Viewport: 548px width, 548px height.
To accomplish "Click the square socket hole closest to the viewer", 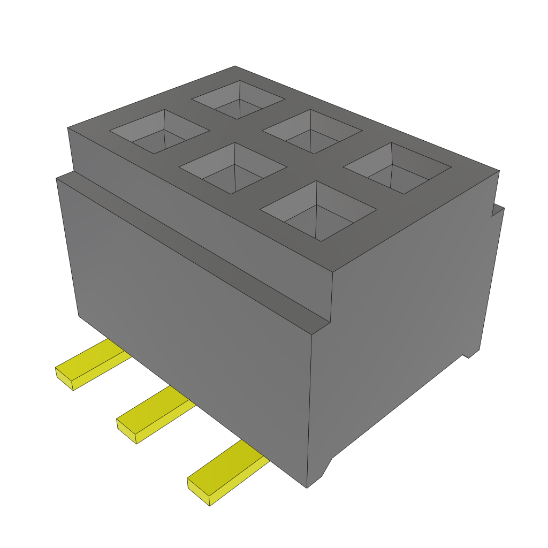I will coord(318,211).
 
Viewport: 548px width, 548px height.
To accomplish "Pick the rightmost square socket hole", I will coord(397,168).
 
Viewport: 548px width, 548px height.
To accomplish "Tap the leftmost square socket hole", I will coord(159,132).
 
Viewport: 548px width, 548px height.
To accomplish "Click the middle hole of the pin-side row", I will coord(233,168).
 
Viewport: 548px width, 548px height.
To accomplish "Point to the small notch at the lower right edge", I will coord(467,354).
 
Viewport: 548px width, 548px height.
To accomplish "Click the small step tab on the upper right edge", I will coord(498,210).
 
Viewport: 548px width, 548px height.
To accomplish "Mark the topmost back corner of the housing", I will coord(235,66).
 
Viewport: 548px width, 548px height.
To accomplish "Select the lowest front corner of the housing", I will coord(307,488).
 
